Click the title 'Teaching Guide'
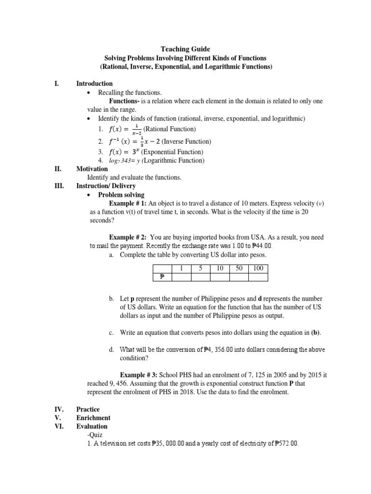pos(185,49)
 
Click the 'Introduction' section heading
pos(94,83)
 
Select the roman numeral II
pos(58,169)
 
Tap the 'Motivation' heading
pos(92,169)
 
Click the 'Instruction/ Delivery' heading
pos(106,186)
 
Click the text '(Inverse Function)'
pos(186,141)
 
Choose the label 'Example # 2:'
pos(128,237)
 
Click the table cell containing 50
pos(239,268)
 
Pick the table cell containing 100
pos(258,268)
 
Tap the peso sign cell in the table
pos(162,277)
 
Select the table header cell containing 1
pos(181,268)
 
